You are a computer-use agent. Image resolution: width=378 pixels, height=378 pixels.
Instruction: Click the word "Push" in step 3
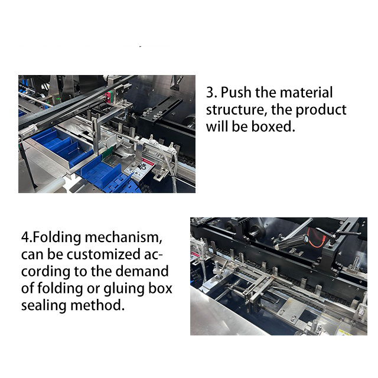236,92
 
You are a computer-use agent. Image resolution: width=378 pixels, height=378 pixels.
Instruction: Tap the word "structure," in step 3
236,110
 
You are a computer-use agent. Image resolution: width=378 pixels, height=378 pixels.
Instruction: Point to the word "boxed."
273,126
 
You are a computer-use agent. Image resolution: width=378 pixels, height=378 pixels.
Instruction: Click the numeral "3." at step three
211,92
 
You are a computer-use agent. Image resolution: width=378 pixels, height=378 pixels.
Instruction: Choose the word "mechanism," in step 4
123,237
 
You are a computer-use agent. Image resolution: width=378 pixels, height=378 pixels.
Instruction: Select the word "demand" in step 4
142,272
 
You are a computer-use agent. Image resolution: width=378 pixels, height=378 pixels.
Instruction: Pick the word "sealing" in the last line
44,306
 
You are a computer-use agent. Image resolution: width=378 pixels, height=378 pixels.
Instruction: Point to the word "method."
97,305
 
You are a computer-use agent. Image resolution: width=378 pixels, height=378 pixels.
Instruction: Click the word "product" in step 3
321,110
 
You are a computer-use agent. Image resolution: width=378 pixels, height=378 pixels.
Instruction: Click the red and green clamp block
109,97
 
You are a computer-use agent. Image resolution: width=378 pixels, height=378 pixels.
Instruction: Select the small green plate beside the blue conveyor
107,153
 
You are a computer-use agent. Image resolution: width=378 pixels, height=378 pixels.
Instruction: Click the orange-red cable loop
317,237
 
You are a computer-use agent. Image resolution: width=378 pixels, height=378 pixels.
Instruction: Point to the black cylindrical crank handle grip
292,242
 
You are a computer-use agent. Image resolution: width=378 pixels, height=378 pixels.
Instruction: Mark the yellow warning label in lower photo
344,333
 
